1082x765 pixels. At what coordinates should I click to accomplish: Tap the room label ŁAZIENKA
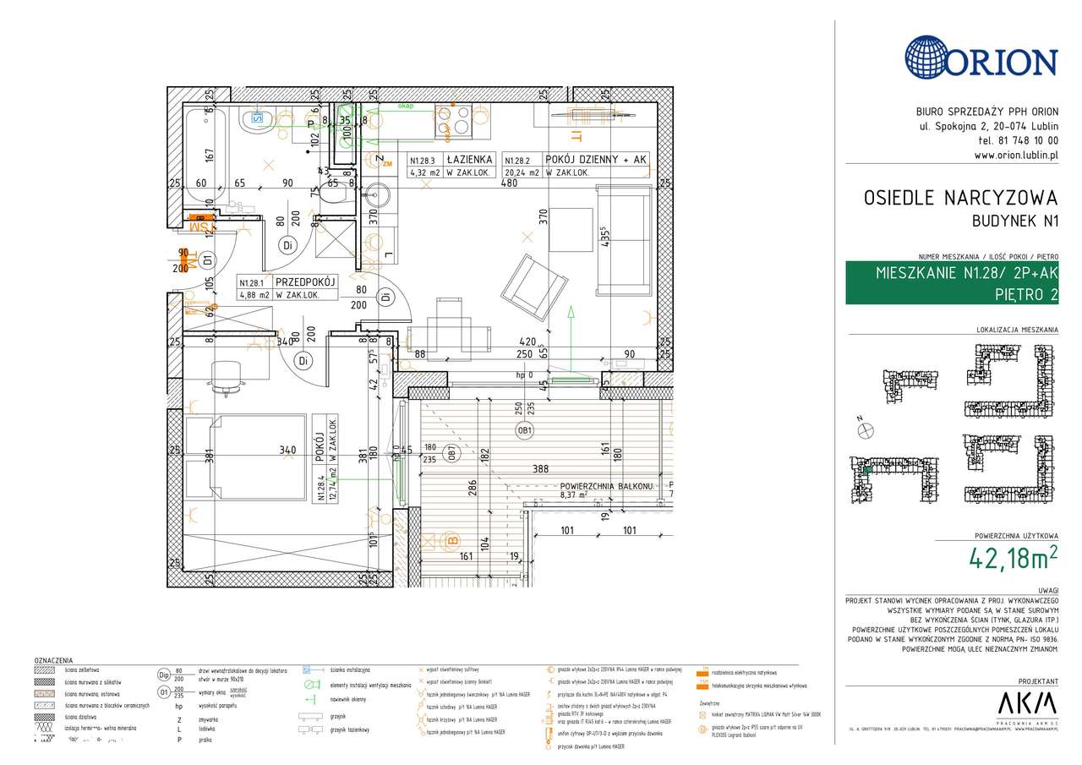tap(470, 159)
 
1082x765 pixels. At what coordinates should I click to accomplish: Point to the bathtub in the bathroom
tap(206, 156)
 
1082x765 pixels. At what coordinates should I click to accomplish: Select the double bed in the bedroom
tap(245, 456)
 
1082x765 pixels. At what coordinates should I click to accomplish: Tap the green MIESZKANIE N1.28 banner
tap(952, 283)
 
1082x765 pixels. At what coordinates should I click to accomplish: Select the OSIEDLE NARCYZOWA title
tap(960, 198)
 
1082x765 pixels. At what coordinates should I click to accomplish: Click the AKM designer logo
tap(1027, 703)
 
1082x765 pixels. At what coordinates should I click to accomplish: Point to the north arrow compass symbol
tap(865, 430)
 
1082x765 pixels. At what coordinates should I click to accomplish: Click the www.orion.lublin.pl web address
tap(1015, 155)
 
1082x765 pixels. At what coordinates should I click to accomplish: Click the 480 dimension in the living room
tap(510, 183)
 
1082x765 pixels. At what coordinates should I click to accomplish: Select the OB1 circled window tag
tap(525, 431)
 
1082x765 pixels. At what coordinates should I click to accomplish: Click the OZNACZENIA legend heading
tap(52, 660)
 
